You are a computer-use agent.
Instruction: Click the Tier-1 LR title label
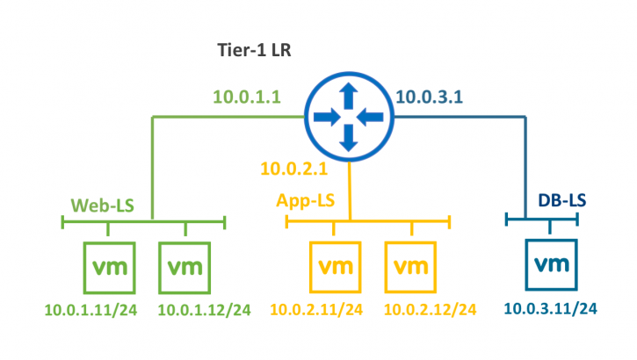(x=255, y=50)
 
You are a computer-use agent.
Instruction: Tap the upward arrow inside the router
(x=349, y=94)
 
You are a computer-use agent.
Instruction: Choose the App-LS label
(x=305, y=201)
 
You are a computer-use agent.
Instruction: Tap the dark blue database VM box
(x=550, y=264)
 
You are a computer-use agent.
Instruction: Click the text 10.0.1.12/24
(x=205, y=309)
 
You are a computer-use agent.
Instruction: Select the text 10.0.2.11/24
(x=316, y=309)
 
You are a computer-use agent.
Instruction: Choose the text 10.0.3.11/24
(x=551, y=307)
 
